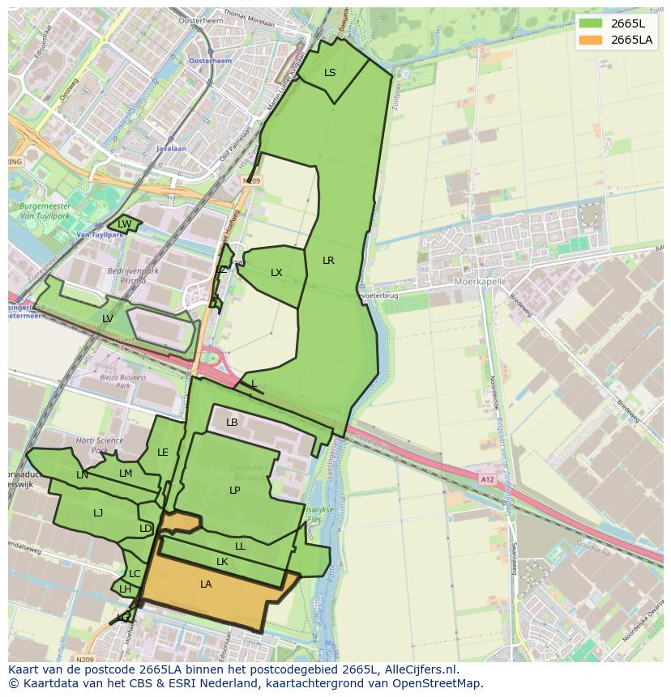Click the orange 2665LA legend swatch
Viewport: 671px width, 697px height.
[x=592, y=40]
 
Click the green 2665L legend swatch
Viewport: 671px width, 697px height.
[x=592, y=23]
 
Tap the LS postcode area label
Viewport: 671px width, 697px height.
[x=330, y=73]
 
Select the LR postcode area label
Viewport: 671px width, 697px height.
[x=328, y=261]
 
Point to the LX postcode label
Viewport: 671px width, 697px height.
[x=276, y=273]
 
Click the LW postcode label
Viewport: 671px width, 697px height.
[x=124, y=224]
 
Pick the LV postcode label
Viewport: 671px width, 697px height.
[x=108, y=319]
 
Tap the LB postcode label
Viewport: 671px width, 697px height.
[x=232, y=423]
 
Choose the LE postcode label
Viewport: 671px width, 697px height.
[x=163, y=453]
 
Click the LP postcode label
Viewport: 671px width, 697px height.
[x=234, y=491]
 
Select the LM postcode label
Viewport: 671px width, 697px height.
[x=126, y=474]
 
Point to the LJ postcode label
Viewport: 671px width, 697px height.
[x=98, y=513]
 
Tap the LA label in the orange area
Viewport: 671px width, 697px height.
[x=206, y=584]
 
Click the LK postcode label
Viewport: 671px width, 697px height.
[x=222, y=562]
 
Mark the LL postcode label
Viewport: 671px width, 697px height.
[x=240, y=546]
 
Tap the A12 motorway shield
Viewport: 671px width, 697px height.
[x=486, y=479]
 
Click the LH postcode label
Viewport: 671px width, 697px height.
[x=125, y=589]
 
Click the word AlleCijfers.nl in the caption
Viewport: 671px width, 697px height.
[x=419, y=670]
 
